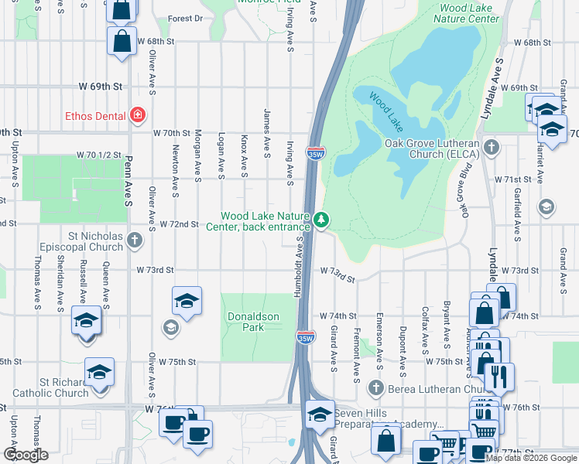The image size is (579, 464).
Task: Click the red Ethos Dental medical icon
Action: (x=138, y=115)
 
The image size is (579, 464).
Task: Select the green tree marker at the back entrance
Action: (x=321, y=221)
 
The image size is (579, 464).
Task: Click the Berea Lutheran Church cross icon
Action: (x=376, y=387)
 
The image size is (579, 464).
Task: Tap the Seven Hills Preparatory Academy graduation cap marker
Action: (x=319, y=415)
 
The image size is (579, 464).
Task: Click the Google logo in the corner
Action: (x=26, y=455)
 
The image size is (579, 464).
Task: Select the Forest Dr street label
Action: (x=185, y=18)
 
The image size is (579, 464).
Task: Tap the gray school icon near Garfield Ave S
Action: (x=546, y=206)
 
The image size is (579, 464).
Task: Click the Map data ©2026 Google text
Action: (x=531, y=458)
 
